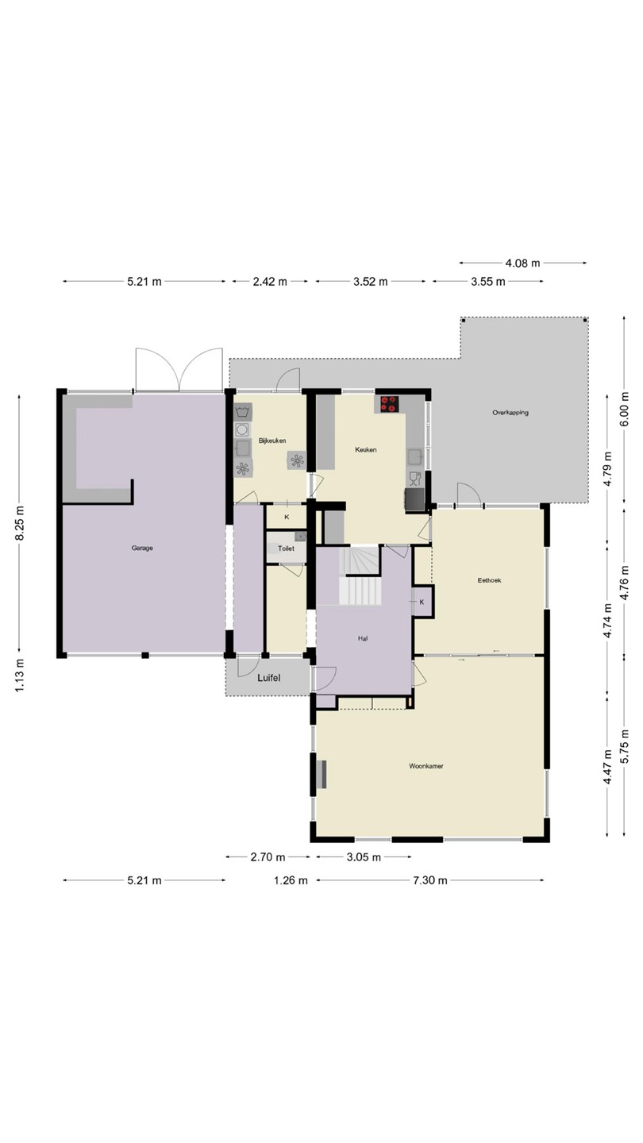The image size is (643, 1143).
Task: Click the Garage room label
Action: pyautogui.click(x=142, y=548)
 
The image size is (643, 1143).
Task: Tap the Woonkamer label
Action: pyautogui.click(x=426, y=766)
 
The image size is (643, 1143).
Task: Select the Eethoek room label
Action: pyautogui.click(x=489, y=580)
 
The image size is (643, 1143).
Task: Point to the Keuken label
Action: pyautogui.click(x=366, y=449)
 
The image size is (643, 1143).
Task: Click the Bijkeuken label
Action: pyautogui.click(x=272, y=441)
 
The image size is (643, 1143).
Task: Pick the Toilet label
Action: pyautogui.click(x=286, y=548)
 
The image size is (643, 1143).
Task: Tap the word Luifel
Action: pyautogui.click(x=269, y=678)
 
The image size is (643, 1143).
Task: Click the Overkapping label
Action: pyautogui.click(x=510, y=412)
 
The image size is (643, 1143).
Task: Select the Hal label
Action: pyautogui.click(x=363, y=638)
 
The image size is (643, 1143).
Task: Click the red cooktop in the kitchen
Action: pyautogui.click(x=390, y=404)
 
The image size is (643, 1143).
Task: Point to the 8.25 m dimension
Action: pyautogui.click(x=20, y=524)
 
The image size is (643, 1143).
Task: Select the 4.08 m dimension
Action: pyautogui.click(x=522, y=264)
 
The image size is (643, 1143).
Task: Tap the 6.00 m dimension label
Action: pyautogui.click(x=625, y=409)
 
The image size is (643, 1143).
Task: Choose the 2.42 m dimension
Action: pyautogui.click(x=270, y=281)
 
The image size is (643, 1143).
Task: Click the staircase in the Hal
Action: pyautogui.click(x=360, y=575)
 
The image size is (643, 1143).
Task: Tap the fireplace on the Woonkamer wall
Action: pyautogui.click(x=321, y=774)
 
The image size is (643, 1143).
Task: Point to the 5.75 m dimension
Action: pyautogui.click(x=625, y=746)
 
